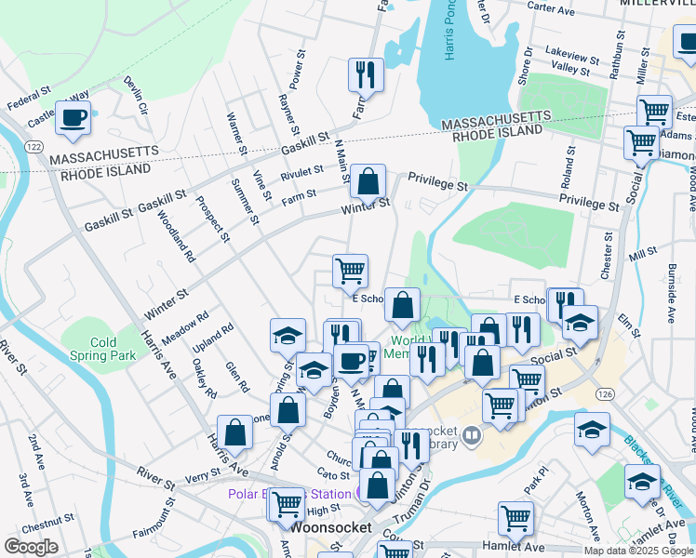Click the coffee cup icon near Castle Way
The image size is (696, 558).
tap(74, 118)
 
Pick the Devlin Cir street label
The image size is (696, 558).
tap(135, 96)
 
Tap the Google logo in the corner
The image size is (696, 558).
tap(31, 546)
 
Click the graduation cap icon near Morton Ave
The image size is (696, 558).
tap(592, 431)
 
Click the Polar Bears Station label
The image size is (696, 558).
tap(288, 493)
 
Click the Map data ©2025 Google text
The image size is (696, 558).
tap(637, 550)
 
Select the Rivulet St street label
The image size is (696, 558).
tap(301, 171)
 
